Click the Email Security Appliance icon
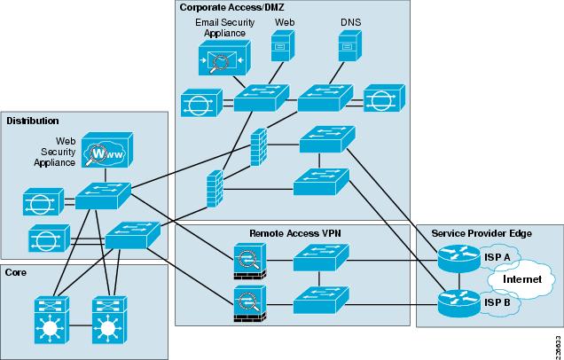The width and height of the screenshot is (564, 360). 224,58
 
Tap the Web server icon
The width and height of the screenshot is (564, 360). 282,46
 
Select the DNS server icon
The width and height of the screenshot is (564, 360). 350,46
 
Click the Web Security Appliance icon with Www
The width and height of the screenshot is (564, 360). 107,150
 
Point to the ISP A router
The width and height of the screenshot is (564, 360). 459,259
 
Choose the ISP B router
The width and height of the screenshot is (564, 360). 459,303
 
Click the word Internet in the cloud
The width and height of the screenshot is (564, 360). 522,279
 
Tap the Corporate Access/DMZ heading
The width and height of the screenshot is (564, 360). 232,7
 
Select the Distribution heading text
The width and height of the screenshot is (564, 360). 33,121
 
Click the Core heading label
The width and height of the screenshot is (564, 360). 15,272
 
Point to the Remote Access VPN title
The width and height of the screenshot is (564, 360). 295,233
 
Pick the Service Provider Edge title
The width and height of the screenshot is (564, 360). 482,233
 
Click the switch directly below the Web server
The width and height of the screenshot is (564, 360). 262,98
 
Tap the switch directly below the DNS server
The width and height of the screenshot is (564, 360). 325,98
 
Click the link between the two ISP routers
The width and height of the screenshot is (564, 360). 459,281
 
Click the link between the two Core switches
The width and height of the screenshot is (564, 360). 81,325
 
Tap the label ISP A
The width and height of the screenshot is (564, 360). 497,257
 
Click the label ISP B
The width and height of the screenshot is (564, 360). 497,303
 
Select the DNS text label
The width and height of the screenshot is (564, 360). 350,22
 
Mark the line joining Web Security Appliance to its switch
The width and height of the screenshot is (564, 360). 106,176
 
